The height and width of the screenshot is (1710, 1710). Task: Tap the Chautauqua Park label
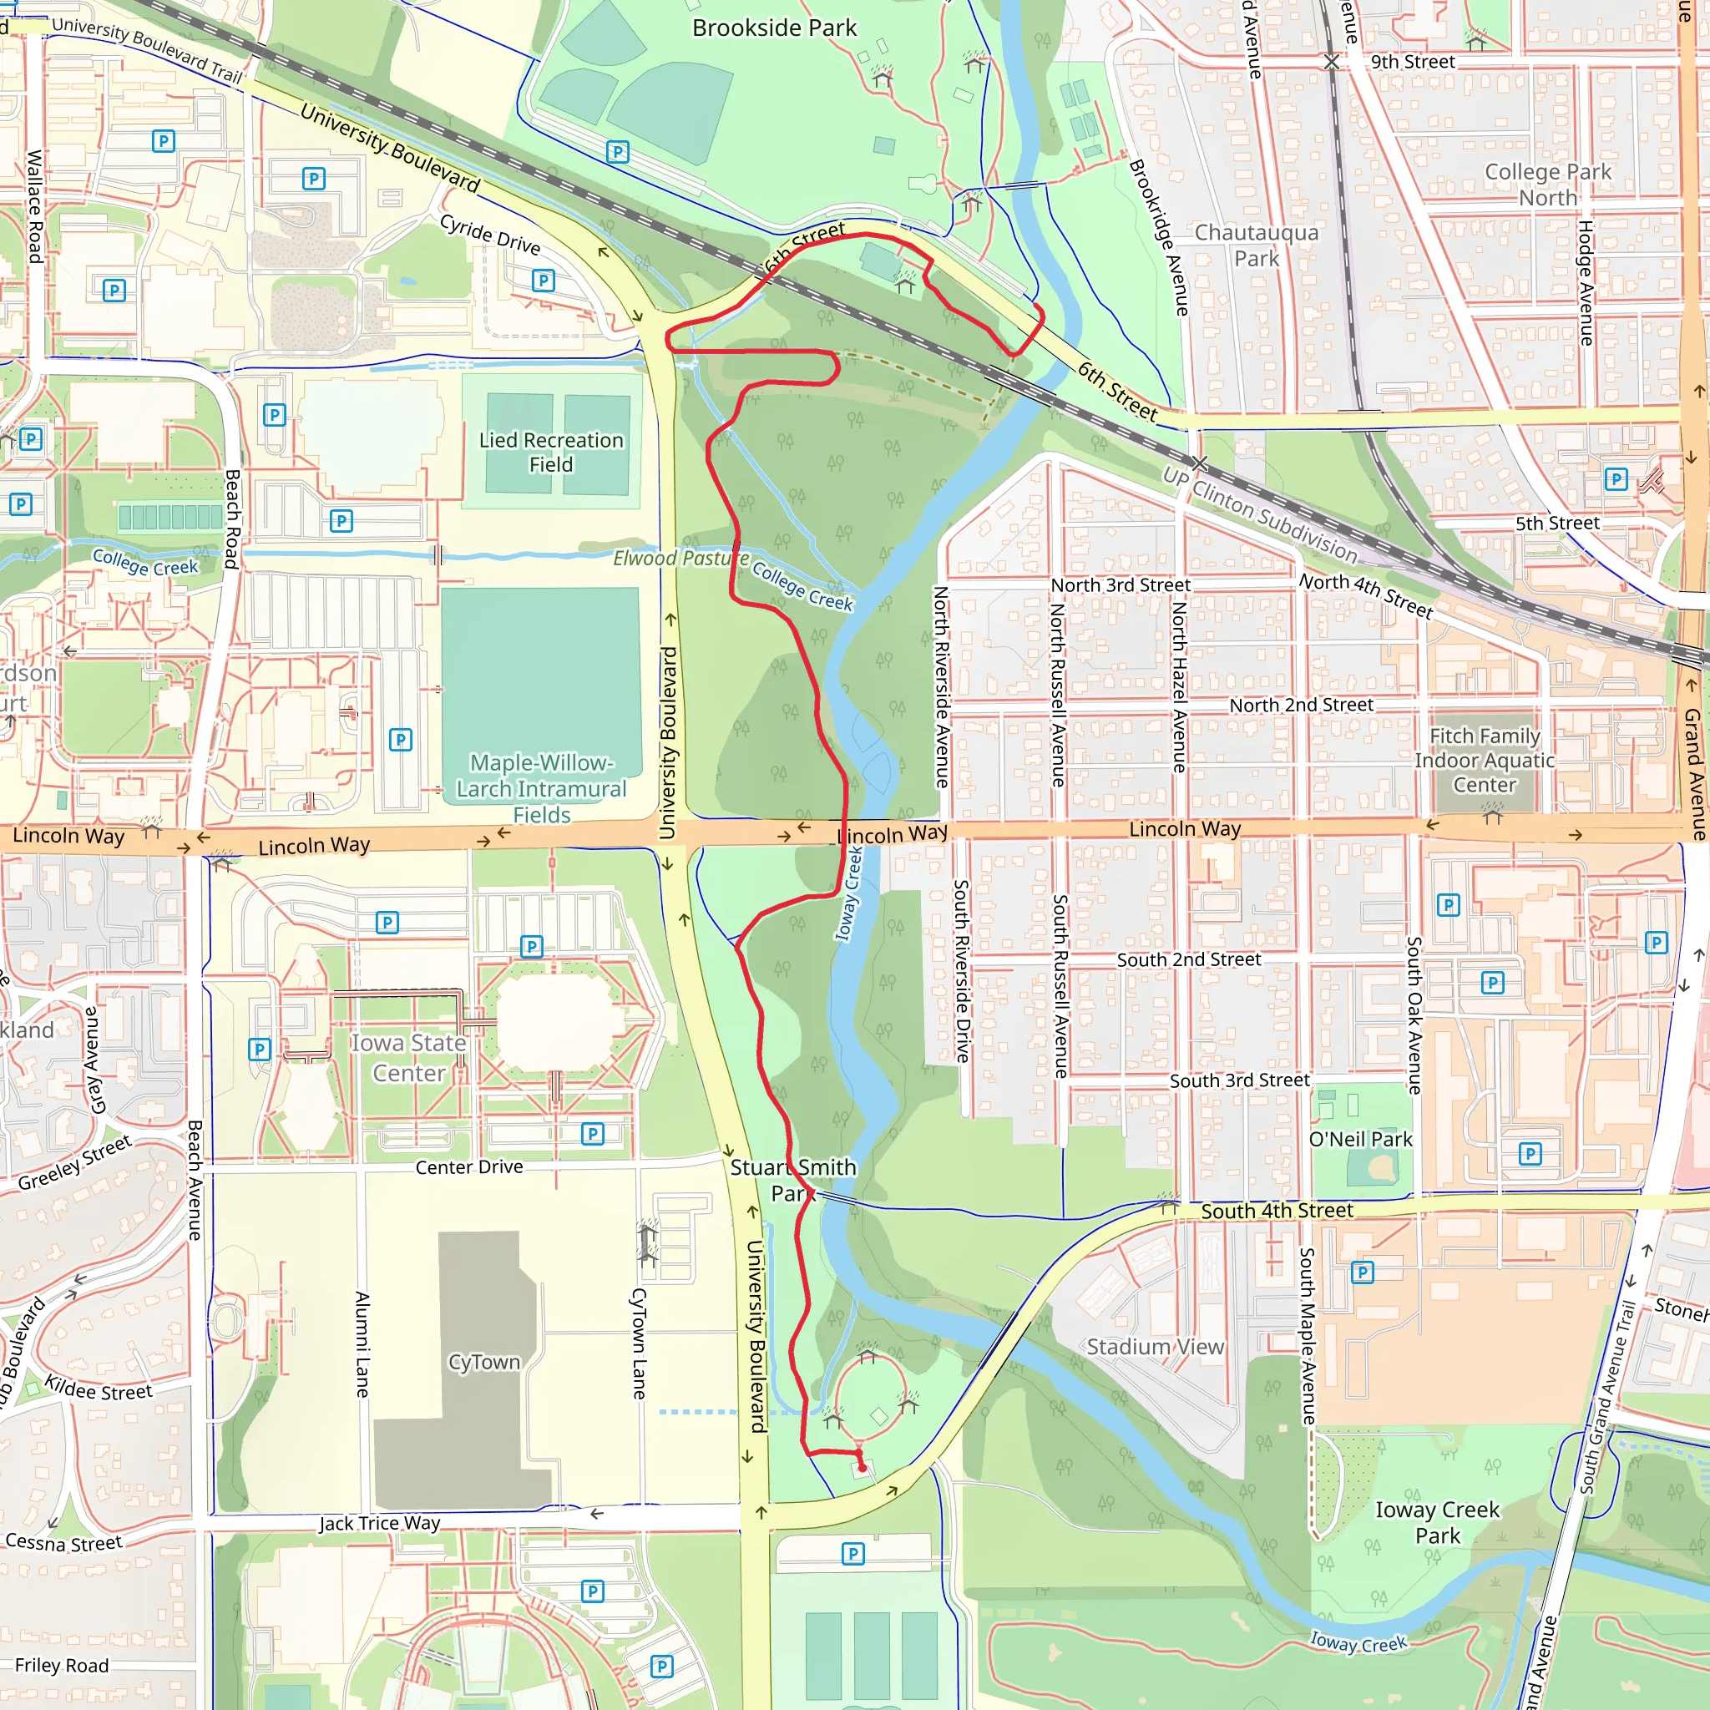coord(1256,245)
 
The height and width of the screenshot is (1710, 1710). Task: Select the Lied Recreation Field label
coord(550,452)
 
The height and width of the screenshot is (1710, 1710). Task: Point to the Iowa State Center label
coord(408,1058)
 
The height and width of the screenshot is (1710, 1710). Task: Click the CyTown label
coord(483,1361)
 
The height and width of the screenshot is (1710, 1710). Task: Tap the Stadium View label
coord(1155,1346)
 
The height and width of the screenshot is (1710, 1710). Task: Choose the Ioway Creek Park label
coord(1438,1521)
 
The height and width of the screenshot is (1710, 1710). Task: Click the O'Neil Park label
coord(1360,1139)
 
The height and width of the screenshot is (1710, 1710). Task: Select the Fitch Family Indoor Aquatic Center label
coord(1485,760)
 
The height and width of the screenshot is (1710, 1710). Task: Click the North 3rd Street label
coord(1120,585)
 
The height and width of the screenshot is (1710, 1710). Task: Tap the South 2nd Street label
coord(1188,959)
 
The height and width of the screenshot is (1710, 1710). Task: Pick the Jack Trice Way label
coord(379,1523)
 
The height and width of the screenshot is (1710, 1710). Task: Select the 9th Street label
coord(1413,62)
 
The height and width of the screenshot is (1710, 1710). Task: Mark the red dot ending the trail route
coord(862,1469)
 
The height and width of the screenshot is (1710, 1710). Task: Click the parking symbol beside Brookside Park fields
coord(618,152)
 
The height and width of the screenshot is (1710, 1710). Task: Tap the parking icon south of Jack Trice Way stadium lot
coord(853,1553)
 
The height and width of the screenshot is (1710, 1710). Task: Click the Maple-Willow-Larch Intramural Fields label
coord(541,787)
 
